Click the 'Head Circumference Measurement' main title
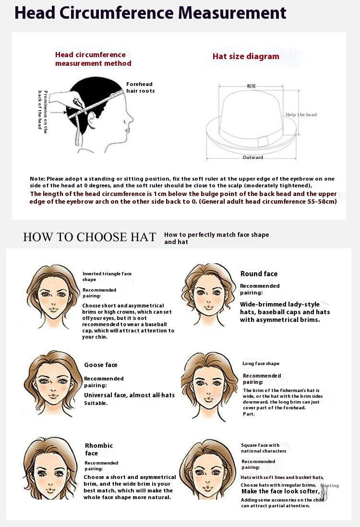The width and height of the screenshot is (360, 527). click(x=150, y=13)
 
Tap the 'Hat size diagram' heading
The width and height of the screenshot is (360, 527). click(x=246, y=56)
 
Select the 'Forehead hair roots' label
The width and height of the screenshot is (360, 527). click(x=140, y=87)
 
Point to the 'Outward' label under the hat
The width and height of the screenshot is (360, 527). click(x=252, y=158)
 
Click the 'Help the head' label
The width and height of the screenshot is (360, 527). click(x=301, y=115)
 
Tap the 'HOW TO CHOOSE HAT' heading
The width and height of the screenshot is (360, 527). click(x=90, y=237)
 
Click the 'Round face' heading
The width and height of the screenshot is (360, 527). click(x=259, y=274)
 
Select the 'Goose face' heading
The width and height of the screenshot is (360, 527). click(x=100, y=365)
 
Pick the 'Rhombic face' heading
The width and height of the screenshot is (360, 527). click(x=98, y=449)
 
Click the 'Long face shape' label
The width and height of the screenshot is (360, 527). click(x=261, y=364)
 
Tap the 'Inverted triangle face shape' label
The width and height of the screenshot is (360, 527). click(x=107, y=276)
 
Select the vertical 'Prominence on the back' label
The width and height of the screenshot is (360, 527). click(x=43, y=110)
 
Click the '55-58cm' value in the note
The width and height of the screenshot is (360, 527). click(x=322, y=201)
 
